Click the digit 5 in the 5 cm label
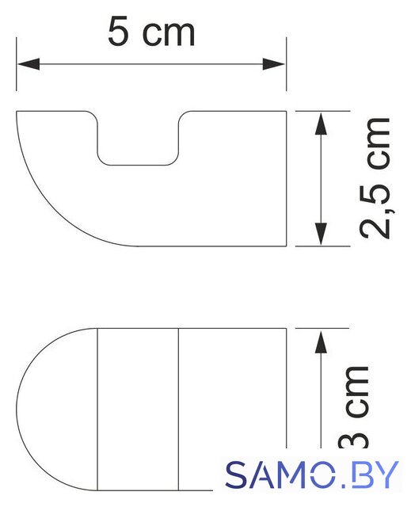(117, 32)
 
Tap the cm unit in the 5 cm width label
(169, 35)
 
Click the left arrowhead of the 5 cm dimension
(29, 64)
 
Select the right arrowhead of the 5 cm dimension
(274, 64)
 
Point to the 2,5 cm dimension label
(375, 178)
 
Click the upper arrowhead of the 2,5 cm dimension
(321, 124)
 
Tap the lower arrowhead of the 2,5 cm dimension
(321, 234)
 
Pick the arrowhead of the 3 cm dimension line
(321, 341)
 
